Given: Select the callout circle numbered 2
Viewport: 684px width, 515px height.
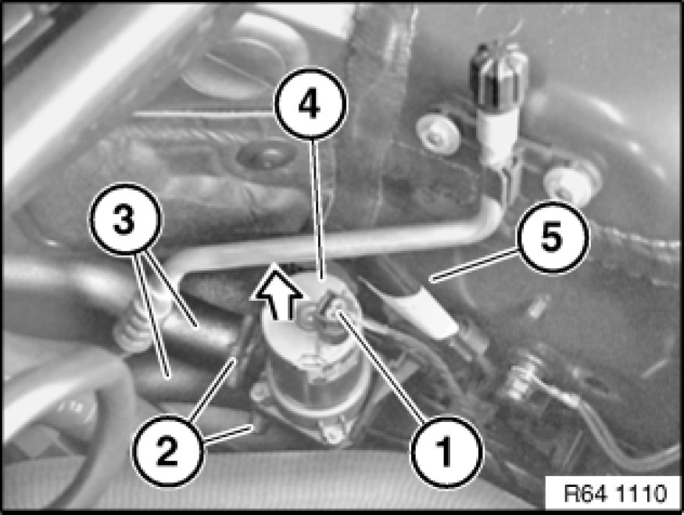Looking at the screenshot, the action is pos(167,452).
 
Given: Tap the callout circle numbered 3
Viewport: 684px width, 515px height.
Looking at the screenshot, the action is pos(125,220).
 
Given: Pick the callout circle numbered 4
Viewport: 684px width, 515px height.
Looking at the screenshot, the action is pos(310,104).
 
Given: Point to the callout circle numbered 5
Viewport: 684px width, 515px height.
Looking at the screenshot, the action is pos(553,238).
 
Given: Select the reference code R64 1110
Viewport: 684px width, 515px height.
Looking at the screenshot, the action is pos(615,493).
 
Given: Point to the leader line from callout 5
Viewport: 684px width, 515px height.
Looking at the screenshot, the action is pos(475,264).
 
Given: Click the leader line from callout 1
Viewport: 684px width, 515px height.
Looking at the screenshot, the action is pos(381,367).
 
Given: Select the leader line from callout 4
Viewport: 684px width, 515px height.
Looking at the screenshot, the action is pos(317,209).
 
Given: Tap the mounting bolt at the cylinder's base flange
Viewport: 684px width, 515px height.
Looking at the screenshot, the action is pos(334,434).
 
